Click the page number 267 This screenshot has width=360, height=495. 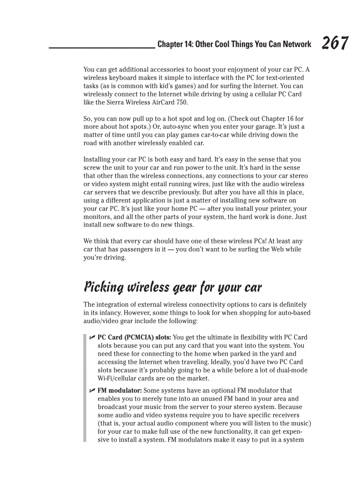coord(335,43)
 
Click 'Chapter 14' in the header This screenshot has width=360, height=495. coord(174,44)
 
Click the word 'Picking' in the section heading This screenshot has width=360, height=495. coord(102,287)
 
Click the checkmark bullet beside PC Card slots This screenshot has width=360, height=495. coord(92,337)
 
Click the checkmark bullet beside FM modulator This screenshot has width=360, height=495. coord(92,390)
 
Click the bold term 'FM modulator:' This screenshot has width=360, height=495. coord(119,391)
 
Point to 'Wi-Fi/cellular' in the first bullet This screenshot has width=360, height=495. coord(116,379)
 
